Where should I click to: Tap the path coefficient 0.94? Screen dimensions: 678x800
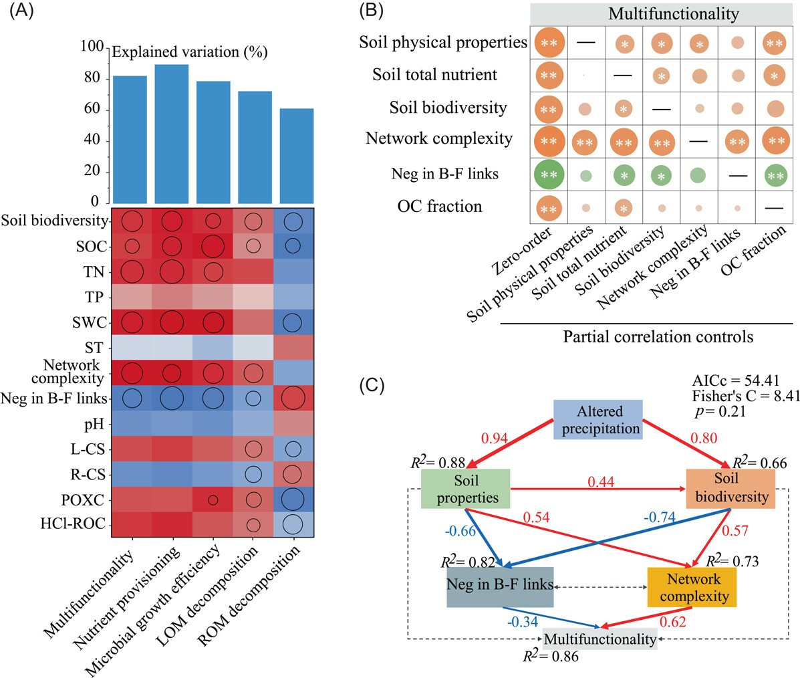495,439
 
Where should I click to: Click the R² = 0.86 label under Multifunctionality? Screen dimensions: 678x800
551,656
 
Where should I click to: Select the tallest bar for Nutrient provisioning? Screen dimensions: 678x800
172,134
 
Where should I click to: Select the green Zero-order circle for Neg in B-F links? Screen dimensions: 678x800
548,175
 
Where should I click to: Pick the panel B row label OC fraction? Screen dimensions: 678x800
439,207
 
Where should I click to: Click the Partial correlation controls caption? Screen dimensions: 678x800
658,336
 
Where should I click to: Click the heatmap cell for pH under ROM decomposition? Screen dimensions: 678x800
295,423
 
